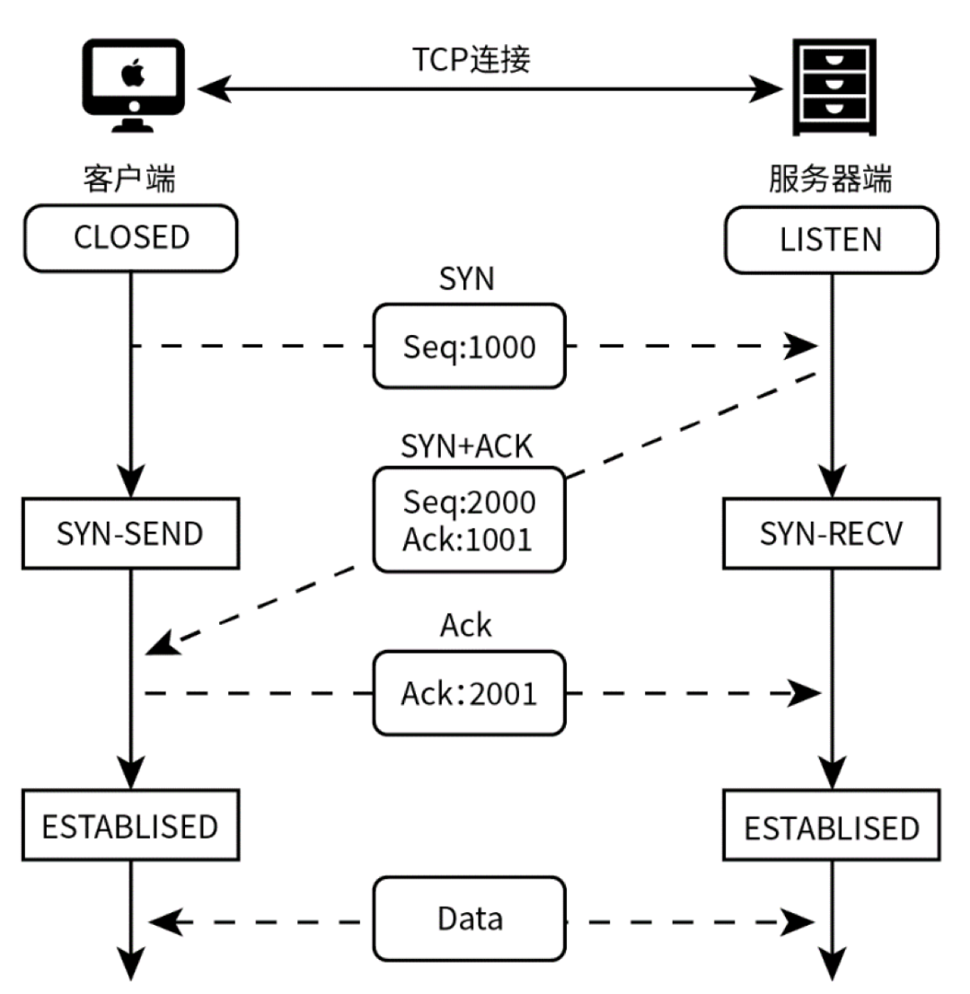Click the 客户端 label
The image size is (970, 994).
tap(130, 180)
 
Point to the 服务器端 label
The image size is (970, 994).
tap(831, 180)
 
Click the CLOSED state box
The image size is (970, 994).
tap(131, 238)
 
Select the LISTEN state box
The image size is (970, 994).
tap(831, 240)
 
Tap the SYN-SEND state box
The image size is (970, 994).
tap(131, 534)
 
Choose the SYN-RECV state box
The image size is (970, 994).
tap(831, 534)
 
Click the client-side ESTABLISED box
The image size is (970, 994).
tap(131, 825)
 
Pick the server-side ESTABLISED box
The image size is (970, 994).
tap(831, 827)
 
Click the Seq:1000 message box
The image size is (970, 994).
tap(470, 347)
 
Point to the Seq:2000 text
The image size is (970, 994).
tap(470, 502)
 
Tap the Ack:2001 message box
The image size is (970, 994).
tap(470, 693)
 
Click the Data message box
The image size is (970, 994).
tap(470, 919)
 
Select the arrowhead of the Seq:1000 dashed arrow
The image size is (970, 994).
tap(803, 347)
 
